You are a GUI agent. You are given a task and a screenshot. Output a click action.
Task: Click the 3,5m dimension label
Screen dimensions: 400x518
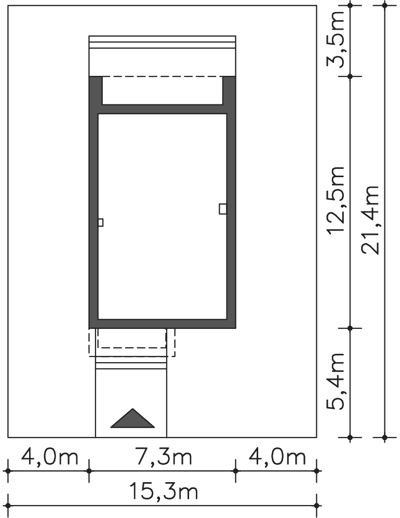click(x=335, y=38)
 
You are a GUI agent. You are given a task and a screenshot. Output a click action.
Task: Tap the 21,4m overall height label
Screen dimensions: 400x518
click(x=370, y=219)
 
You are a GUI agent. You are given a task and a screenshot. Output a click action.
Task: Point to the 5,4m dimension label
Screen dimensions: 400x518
click(x=335, y=381)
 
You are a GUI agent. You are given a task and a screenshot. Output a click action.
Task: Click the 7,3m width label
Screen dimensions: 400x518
click(x=164, y=458)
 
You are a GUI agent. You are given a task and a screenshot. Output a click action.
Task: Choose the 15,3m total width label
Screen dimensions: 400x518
click(x=164, y=491)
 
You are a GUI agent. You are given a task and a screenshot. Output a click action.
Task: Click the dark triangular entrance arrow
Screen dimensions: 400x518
click(x=132, y=418)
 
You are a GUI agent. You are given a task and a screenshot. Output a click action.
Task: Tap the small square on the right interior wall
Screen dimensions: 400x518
click(x=223, y=209)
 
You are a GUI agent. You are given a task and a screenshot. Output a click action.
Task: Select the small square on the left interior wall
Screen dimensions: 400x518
click(x=100, y=222)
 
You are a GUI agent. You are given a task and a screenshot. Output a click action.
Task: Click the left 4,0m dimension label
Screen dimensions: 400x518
click(x=49, y=458)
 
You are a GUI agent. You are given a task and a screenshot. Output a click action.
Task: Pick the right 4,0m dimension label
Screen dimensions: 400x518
click(x=277, y=458)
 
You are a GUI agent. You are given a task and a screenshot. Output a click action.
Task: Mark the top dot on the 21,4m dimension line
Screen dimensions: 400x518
click(x=384, y=6)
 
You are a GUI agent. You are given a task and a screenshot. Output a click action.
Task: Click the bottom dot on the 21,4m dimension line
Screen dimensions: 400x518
click(x=384, y=437)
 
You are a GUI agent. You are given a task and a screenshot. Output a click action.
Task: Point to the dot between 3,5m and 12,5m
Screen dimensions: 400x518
click(x=351, y=77)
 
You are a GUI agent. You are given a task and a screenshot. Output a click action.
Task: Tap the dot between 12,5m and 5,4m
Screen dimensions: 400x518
click(x=351, y=328)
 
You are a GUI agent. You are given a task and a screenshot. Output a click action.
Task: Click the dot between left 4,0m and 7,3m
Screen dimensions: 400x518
click(x=89, y=471)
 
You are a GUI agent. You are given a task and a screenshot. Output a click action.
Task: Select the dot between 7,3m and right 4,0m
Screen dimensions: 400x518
click(x=235, y=471)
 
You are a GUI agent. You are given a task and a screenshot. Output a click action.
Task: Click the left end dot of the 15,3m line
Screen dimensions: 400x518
click(x=8, y=506)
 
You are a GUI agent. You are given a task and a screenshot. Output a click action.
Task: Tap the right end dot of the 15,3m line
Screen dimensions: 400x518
click(x=317, y=506)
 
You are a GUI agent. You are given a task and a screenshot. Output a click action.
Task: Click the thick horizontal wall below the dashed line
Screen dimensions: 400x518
click(x=162, y=109)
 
